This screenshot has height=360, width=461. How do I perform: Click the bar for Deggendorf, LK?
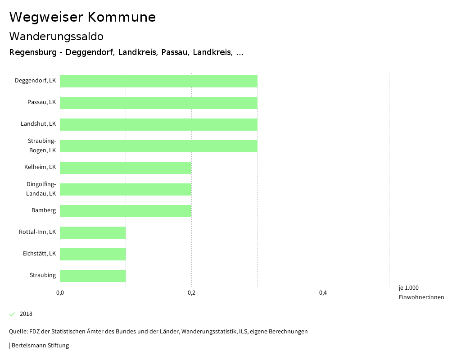[x=158, y=81]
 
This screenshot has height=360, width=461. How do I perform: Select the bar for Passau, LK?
[x=158, y=103]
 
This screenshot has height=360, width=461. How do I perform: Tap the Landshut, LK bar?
[x=158, y=124]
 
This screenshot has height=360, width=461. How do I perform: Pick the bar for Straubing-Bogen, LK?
[x=158, y=146]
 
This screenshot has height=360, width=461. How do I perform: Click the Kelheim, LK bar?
[x=126, y=168]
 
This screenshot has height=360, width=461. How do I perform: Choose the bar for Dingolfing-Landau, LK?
[x=126, y=189]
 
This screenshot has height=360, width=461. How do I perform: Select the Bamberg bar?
[x=126, y=211]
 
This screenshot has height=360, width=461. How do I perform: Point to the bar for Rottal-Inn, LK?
[x=93, y=232]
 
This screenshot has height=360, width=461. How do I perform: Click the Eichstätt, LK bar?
[x=93, y=254]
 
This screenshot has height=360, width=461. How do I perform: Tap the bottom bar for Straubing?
[x=93, y=276]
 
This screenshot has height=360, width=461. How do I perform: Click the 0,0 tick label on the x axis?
[x=60, y=293]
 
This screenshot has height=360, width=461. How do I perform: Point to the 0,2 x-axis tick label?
[x=191, y=293]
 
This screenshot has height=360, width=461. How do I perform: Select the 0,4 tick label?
[x=323, y=293]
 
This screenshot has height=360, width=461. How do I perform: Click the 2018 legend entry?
[x=26, y=314]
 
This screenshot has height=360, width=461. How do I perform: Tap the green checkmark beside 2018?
[x=12, y=314]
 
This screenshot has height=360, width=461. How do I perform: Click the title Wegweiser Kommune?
[x=82, y=17]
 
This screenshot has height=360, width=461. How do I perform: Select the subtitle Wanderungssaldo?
[x=56, y=36]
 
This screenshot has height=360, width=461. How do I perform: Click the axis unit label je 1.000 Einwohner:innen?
[x=421, y=292]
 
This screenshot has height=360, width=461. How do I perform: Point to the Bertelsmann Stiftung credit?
[x=40, y=346]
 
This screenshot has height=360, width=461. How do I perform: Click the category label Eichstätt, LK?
[x=39, y=254]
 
